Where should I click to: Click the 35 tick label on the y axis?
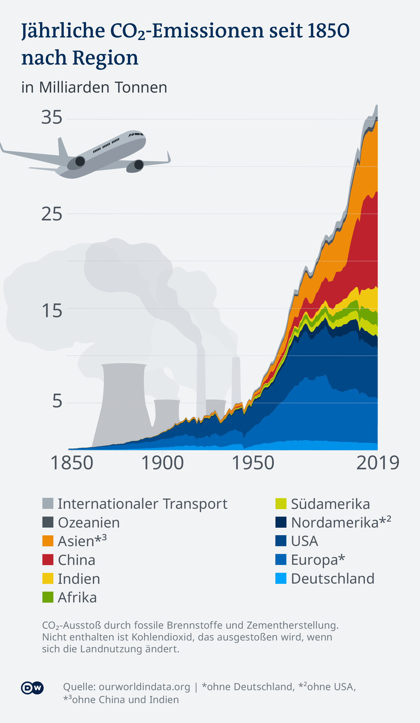point(52,117)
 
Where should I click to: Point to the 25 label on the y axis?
point(52,214)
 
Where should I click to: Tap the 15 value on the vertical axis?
point(52,311)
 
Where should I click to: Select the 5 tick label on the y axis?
point(57,401)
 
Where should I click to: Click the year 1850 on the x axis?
point(72,463)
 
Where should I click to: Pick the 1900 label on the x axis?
point(162,463)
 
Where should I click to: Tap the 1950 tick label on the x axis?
point(253,463)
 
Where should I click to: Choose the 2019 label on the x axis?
point(378,463)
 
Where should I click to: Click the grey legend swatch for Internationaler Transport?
point(48,503)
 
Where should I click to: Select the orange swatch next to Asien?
point(48,541)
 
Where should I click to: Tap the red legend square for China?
point(48,560)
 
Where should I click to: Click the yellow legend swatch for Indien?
point(48,578)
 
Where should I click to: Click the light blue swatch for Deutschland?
point(281,578)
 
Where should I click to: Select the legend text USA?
point(304,541)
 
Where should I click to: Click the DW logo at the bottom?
point(32,688)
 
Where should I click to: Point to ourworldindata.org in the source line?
point(145,687)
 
